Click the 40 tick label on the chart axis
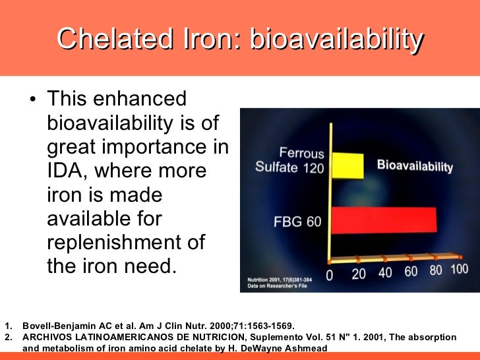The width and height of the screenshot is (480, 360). [x=385, y=272]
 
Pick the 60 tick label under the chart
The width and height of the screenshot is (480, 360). [x=411, y=271]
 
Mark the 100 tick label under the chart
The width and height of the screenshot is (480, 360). [x=460, y=269]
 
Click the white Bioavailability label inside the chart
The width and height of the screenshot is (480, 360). [x=415, y=165]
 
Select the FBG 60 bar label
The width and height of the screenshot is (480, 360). [x=297, y=222]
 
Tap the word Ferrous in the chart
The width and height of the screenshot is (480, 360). [x=301, y=154]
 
